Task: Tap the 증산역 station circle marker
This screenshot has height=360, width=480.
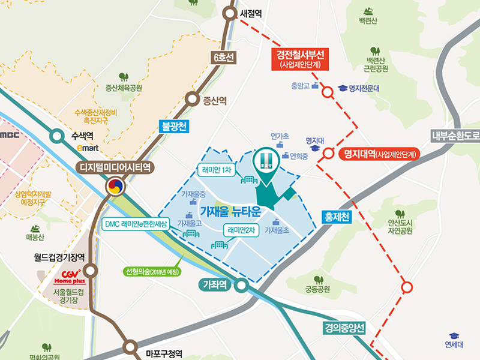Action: (193, 100)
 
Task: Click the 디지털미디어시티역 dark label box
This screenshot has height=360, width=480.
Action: (113, 168)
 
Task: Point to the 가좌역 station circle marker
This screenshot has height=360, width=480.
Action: (241, 285)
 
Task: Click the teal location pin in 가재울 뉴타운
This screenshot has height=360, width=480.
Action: (265, 164)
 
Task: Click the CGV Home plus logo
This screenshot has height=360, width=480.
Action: (71, 275)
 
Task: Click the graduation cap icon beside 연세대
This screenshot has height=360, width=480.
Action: (454, 336)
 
